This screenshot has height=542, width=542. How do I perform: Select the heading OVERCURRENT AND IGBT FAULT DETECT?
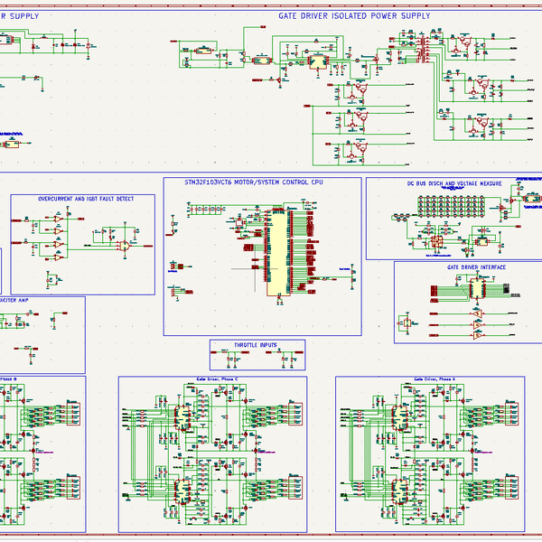pos(86,199)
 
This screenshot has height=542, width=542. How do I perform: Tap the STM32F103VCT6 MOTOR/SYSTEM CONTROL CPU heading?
pos(253,182)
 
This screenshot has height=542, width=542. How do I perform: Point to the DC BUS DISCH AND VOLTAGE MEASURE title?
pos(454,182)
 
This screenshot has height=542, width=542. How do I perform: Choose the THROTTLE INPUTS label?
pos(257,345)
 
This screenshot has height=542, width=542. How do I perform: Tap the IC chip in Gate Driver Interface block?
pos(473,289)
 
